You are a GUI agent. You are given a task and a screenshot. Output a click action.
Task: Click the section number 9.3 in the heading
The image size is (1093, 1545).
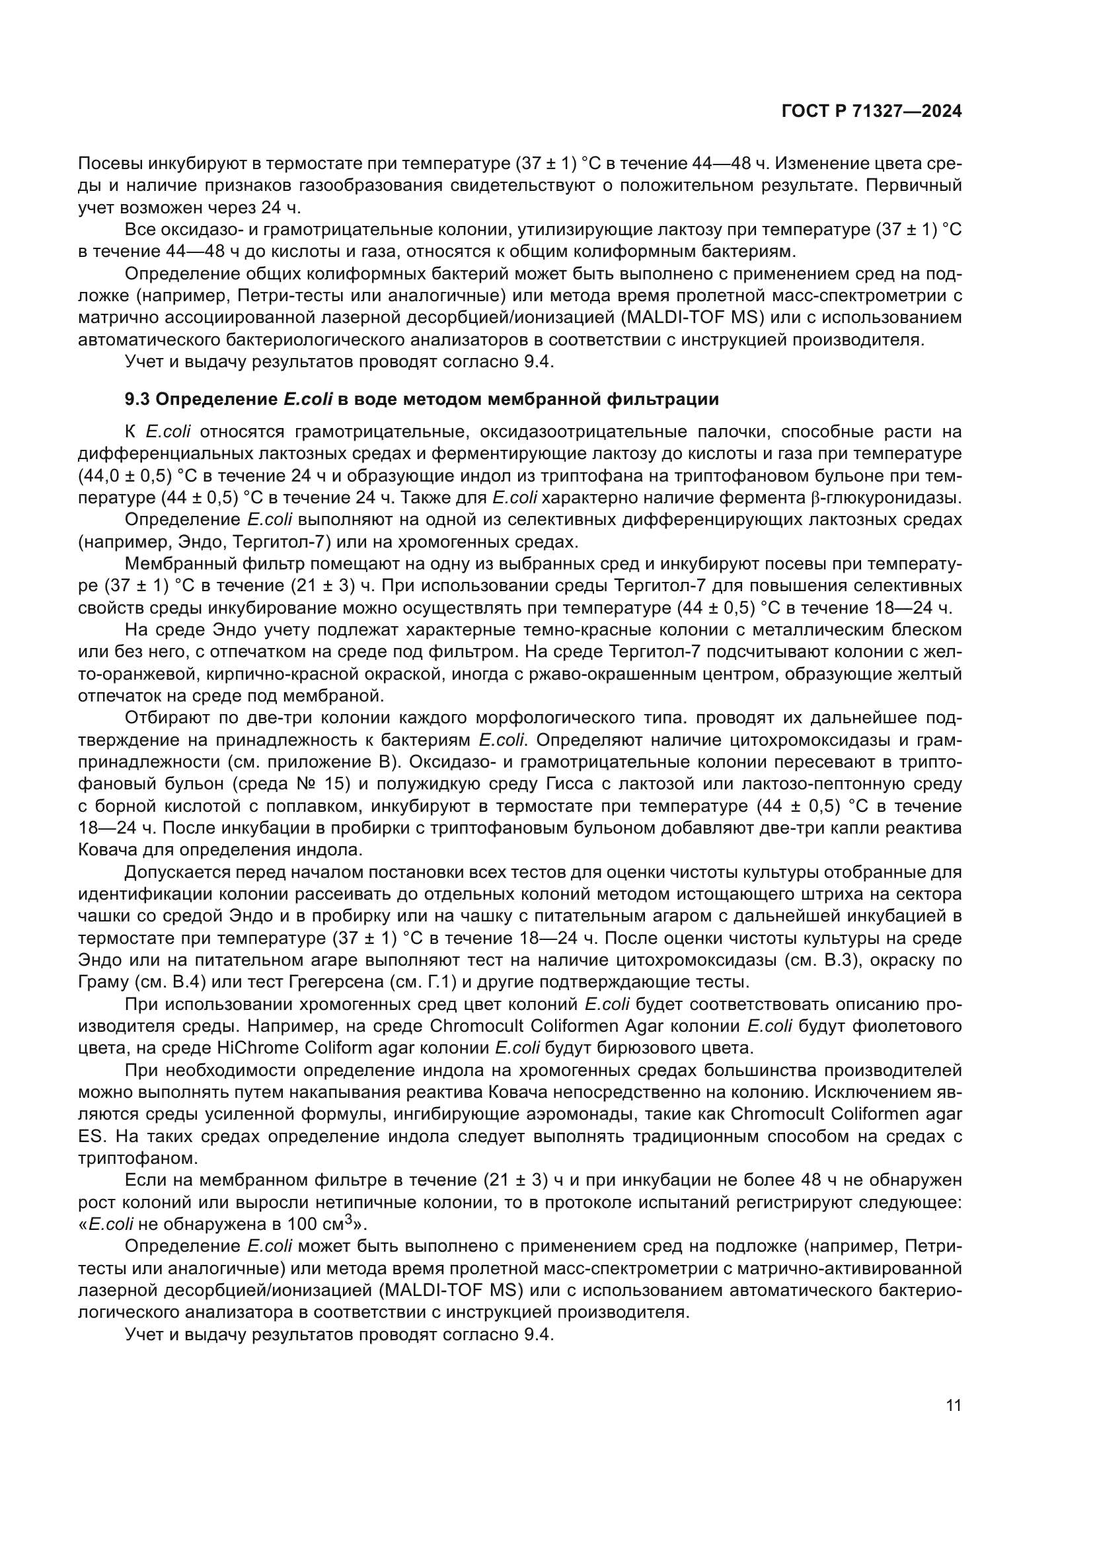[137, 400]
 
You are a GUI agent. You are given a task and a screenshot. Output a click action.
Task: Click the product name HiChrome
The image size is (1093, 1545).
[258, 1048]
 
